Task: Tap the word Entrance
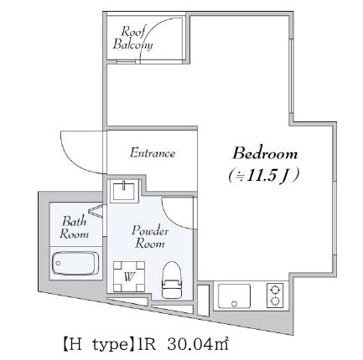click(x=153, y=153)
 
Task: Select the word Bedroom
click(x=265, y=154)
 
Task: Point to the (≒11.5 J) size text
click(x=264, y=176)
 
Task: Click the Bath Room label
click(x=74, y=228)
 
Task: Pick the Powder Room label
click(x=151, y=236)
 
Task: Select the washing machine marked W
click(x=129, y=274)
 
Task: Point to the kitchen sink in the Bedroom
click(x=234, y=296)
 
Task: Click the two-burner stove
click(x=275, y=295)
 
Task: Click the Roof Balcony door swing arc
click(x=168, y=33)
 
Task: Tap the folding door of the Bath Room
click(x=99, y=213)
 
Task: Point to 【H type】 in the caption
click(x=98, y=343)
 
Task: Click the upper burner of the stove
click(x=275, y=289)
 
